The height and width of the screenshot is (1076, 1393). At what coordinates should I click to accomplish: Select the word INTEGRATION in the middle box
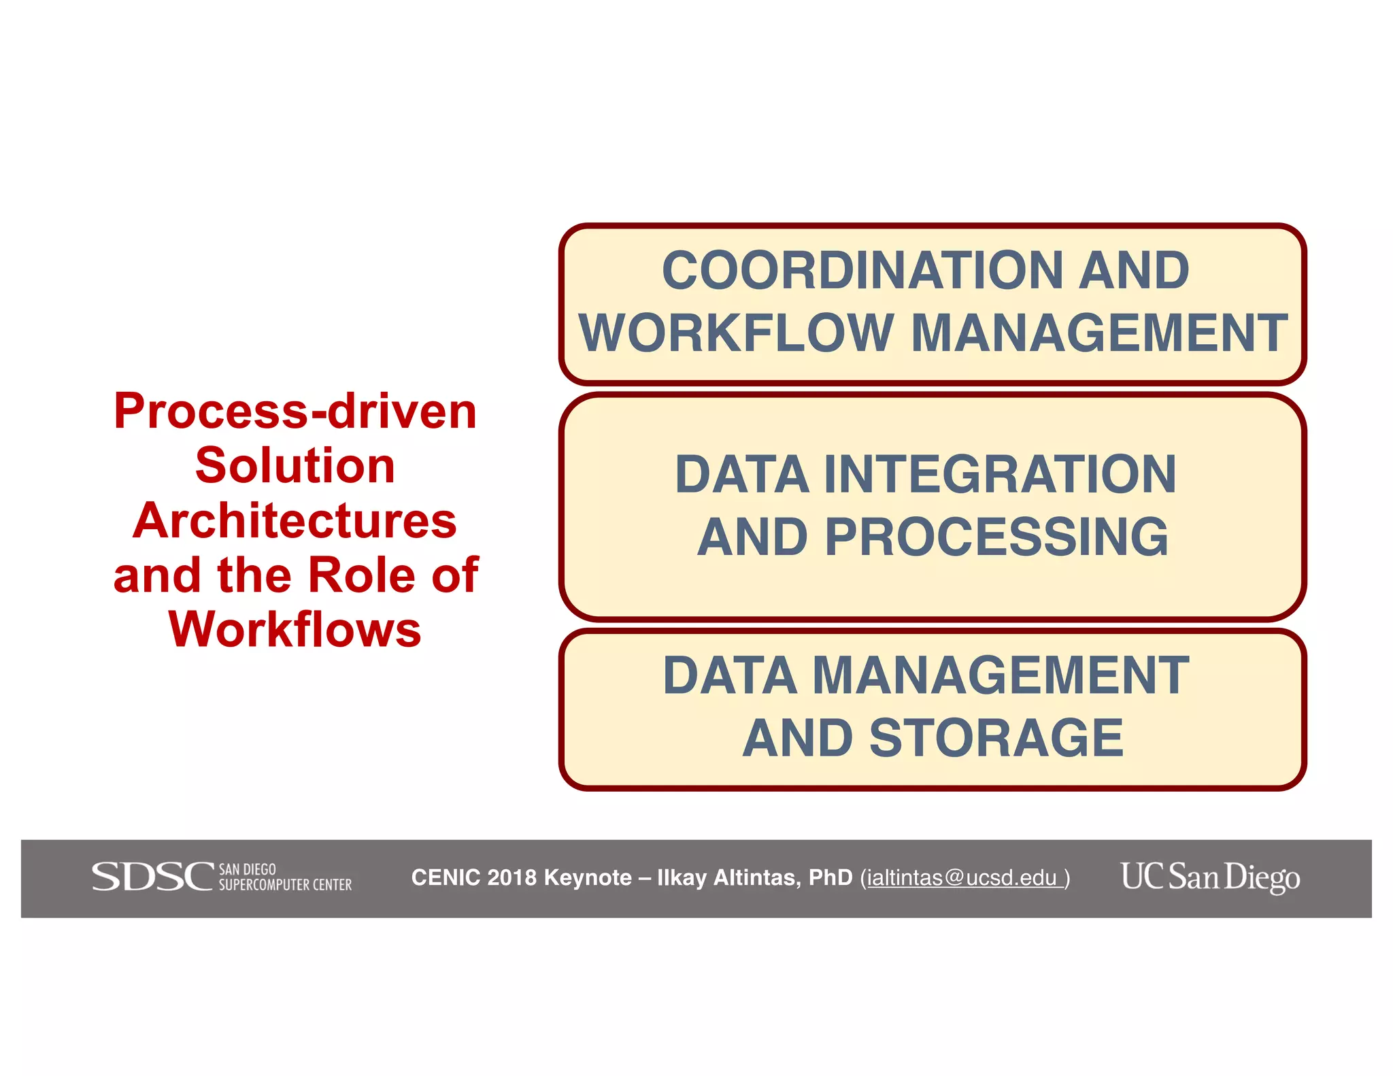[1000, 474]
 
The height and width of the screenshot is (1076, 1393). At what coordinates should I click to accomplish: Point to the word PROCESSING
[996, 537]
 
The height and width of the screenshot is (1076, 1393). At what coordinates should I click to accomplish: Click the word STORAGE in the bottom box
[996, 738]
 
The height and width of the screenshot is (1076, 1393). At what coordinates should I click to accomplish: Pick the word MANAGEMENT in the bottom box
[1001, 675]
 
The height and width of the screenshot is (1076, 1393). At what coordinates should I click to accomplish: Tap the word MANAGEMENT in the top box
[1098, 333]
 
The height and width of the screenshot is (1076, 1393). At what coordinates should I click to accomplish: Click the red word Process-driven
[295, 411]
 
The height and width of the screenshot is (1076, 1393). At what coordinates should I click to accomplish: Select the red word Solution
[295, 466]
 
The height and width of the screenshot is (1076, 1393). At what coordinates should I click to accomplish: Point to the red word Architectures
[295, 520]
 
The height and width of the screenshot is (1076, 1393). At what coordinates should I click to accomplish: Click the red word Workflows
[295, 629]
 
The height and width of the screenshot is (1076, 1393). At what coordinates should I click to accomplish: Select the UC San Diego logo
[1210, 877]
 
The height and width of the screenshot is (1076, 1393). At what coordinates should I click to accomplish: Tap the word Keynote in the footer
[588, 878]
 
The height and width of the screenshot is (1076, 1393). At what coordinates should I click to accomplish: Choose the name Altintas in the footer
[757, 878]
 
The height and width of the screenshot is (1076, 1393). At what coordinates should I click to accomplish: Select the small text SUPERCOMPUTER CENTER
[285, 885]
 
